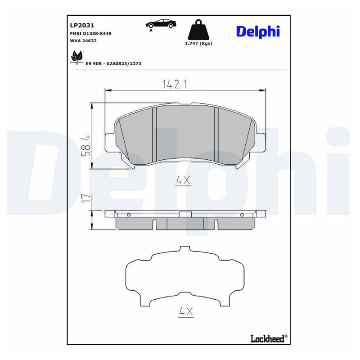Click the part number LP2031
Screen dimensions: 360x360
coord(82,25)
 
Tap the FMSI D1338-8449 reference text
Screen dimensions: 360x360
coord(90,33)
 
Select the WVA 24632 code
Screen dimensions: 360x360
coord(83,41)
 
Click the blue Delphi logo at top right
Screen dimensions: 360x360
coord(258,31)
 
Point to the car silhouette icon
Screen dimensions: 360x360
coord(161,24)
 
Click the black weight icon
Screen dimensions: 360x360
coord(199,29)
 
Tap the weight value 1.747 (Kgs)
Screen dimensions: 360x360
coord(199,43)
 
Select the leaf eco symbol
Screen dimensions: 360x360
coord(76,57)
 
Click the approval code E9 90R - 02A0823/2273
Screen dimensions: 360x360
coord(113,63)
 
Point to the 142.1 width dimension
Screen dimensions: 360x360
coord(175,84)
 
